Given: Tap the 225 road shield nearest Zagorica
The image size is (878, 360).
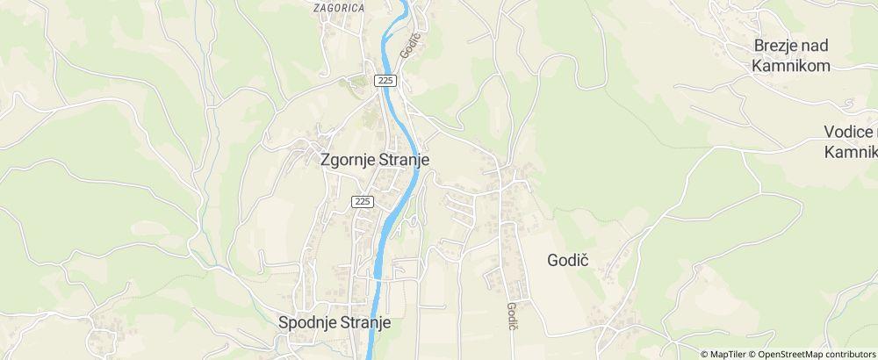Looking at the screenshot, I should [x=386, y=81].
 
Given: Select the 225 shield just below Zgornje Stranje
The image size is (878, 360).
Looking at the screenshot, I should [x=363, y=201].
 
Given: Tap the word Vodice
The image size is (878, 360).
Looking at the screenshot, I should [x=848, y=132].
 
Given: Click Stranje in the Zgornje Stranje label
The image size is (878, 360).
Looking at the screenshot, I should [x=404, y=162].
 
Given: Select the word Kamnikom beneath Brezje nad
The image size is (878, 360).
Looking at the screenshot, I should [x=790, y=66].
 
